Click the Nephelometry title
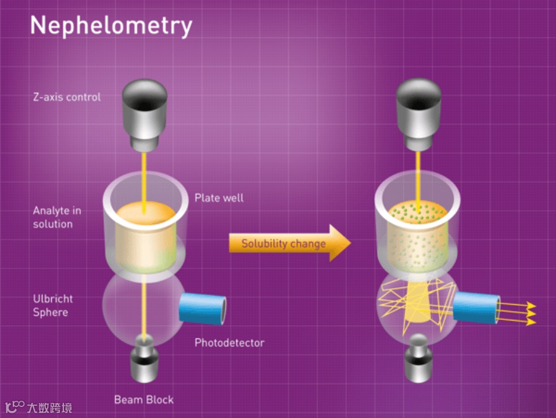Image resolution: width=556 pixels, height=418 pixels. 110,26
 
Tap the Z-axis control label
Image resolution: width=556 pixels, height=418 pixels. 66,97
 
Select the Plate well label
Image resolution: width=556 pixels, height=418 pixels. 218,198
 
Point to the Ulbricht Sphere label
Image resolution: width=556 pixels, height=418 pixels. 53,305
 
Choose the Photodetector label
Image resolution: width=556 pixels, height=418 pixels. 229,343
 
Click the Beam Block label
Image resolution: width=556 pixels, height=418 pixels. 144,399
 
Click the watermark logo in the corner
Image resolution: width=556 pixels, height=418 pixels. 38,407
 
